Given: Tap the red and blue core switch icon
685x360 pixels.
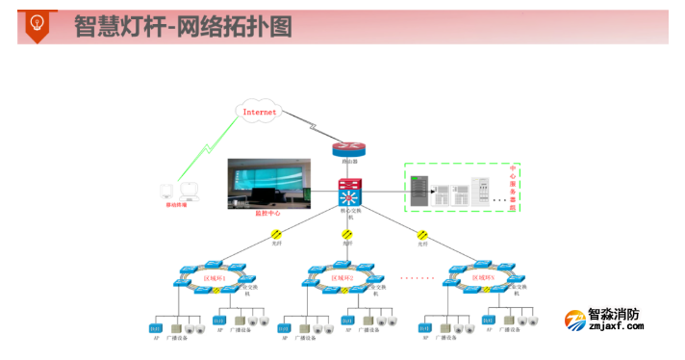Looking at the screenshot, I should point(348,191).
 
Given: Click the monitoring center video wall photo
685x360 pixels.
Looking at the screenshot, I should point(268,182).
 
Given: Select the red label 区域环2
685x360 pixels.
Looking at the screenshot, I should point(342,278).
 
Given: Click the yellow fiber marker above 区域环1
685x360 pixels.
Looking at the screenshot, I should point(276,233).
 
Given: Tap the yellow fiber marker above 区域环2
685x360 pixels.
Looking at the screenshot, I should point(347,233).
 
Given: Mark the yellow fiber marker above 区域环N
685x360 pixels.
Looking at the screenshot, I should point(420,233).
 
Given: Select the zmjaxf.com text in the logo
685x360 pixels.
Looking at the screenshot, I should point(616,327).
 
